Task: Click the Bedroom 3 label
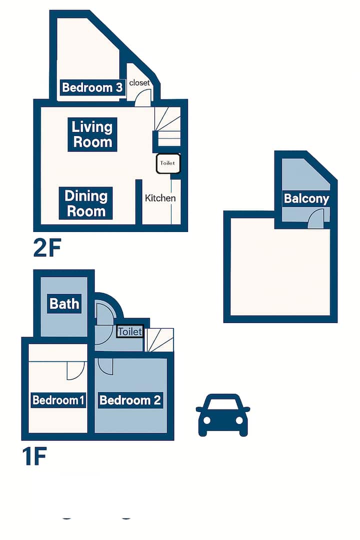(92, 87)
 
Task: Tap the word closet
(139, 82)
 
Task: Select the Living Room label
(92, 134)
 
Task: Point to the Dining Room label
(86, 203)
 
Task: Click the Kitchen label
(160, 198)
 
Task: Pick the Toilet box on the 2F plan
(168, 163)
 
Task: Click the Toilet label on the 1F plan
(130, 331)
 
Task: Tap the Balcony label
(306, 198)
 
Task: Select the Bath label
(64, 304)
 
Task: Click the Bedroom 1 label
(58, 400)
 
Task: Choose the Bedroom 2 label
(130, 400)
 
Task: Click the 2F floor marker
(47, 247)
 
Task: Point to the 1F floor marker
(34, 456)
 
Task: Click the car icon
(223, 415)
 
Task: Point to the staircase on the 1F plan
(159, 340)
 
